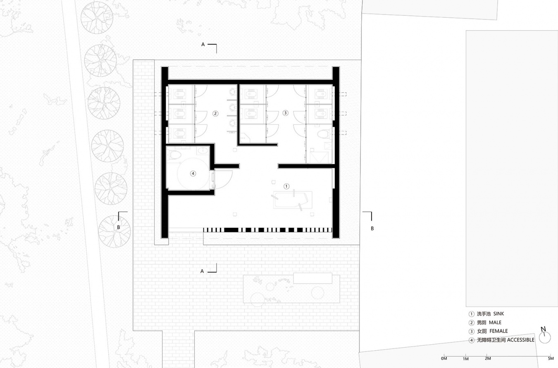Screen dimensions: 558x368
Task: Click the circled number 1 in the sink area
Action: coord(286,186)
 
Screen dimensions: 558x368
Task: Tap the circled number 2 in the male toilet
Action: coord(215,114)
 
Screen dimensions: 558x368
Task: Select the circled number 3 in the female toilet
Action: coord(286,113)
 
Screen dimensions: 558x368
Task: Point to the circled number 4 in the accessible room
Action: coord(193,173)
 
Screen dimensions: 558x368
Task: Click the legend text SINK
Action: coord(499,314)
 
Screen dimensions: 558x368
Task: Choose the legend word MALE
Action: coord(495,323)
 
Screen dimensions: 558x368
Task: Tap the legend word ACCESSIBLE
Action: coord(521,340)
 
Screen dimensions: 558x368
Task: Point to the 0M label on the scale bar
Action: coord(444,358)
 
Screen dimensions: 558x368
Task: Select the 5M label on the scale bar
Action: coord(551,358)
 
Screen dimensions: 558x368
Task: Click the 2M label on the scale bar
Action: coord(488,358)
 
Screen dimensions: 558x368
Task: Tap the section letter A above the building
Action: coord(203,44)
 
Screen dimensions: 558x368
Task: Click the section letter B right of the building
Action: coord(372,229)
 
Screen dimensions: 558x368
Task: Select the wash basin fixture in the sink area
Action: coord(293,200)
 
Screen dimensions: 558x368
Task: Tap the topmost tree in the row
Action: coord(97,18)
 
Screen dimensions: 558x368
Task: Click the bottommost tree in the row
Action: coord(114,232)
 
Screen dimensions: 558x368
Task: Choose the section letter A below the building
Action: coord(202,271)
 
